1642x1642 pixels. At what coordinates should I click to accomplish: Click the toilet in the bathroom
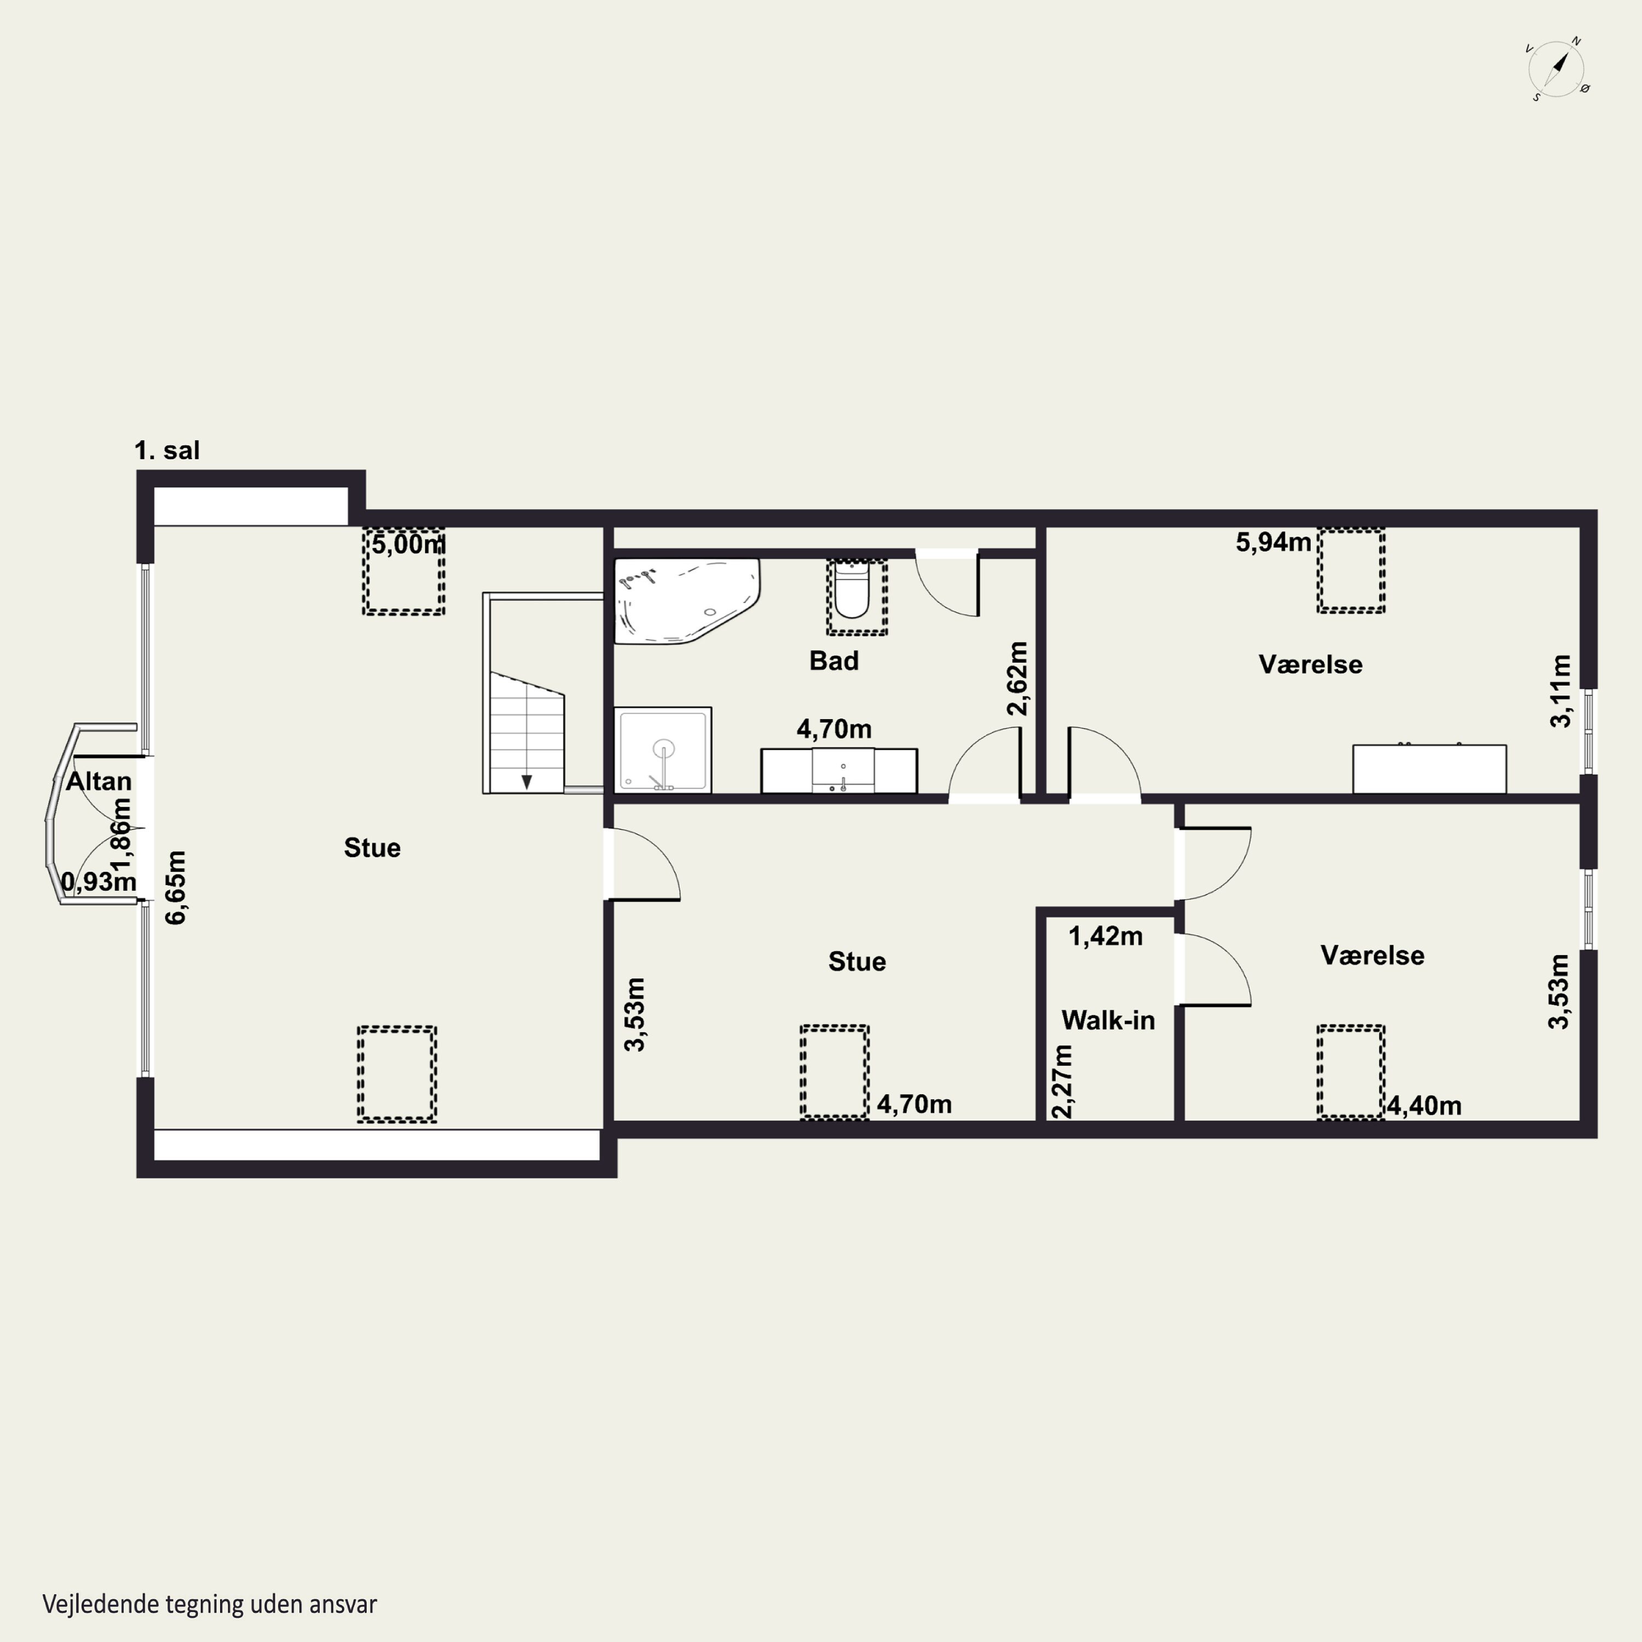click(x=852, y=591)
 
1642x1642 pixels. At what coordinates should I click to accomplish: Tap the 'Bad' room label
click(x=834, y=661)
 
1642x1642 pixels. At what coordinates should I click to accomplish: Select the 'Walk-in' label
click(x=1108, y=1020)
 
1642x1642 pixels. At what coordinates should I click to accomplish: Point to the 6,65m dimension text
click(x=176, y=887)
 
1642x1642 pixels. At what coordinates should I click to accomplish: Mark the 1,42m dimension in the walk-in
click(x=1106, y=936)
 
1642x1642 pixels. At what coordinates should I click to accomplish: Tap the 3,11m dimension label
click(x=1560, y=691)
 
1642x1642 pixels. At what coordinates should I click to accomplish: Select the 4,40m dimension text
click(x=1424, y=1106)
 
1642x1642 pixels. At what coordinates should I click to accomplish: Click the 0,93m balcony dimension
click(x=99, y=881)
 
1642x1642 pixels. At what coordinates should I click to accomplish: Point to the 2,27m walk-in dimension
click(x=1062, y=1081)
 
